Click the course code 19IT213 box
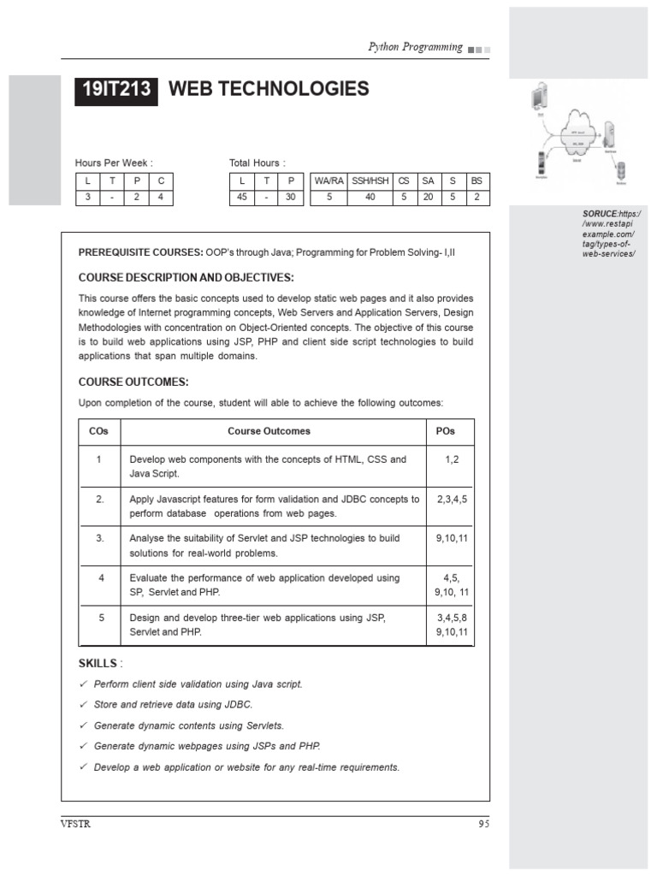(x=116, y=90)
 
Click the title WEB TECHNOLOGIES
(x=269, y=89)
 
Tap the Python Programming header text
(x=415, y=48)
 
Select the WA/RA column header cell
(x=328, y=181)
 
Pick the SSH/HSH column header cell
(x=370, y=181)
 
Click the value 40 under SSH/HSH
(x=370, y=197)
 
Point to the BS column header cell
(x=476, y=181)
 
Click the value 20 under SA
(x=428, y=197)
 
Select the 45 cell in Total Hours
(x=242, y=197)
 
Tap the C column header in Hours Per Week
(x=161, y=181)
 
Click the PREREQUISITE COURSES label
(x=139, y=252)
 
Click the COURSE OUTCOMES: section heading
(x=133, y=382)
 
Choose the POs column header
(x=445, y=431)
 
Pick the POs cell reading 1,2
(x=452, y=459)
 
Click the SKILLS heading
(x=98, y=664)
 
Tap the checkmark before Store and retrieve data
(x=83, y=705)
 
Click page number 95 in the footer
(x=483, y=824)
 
